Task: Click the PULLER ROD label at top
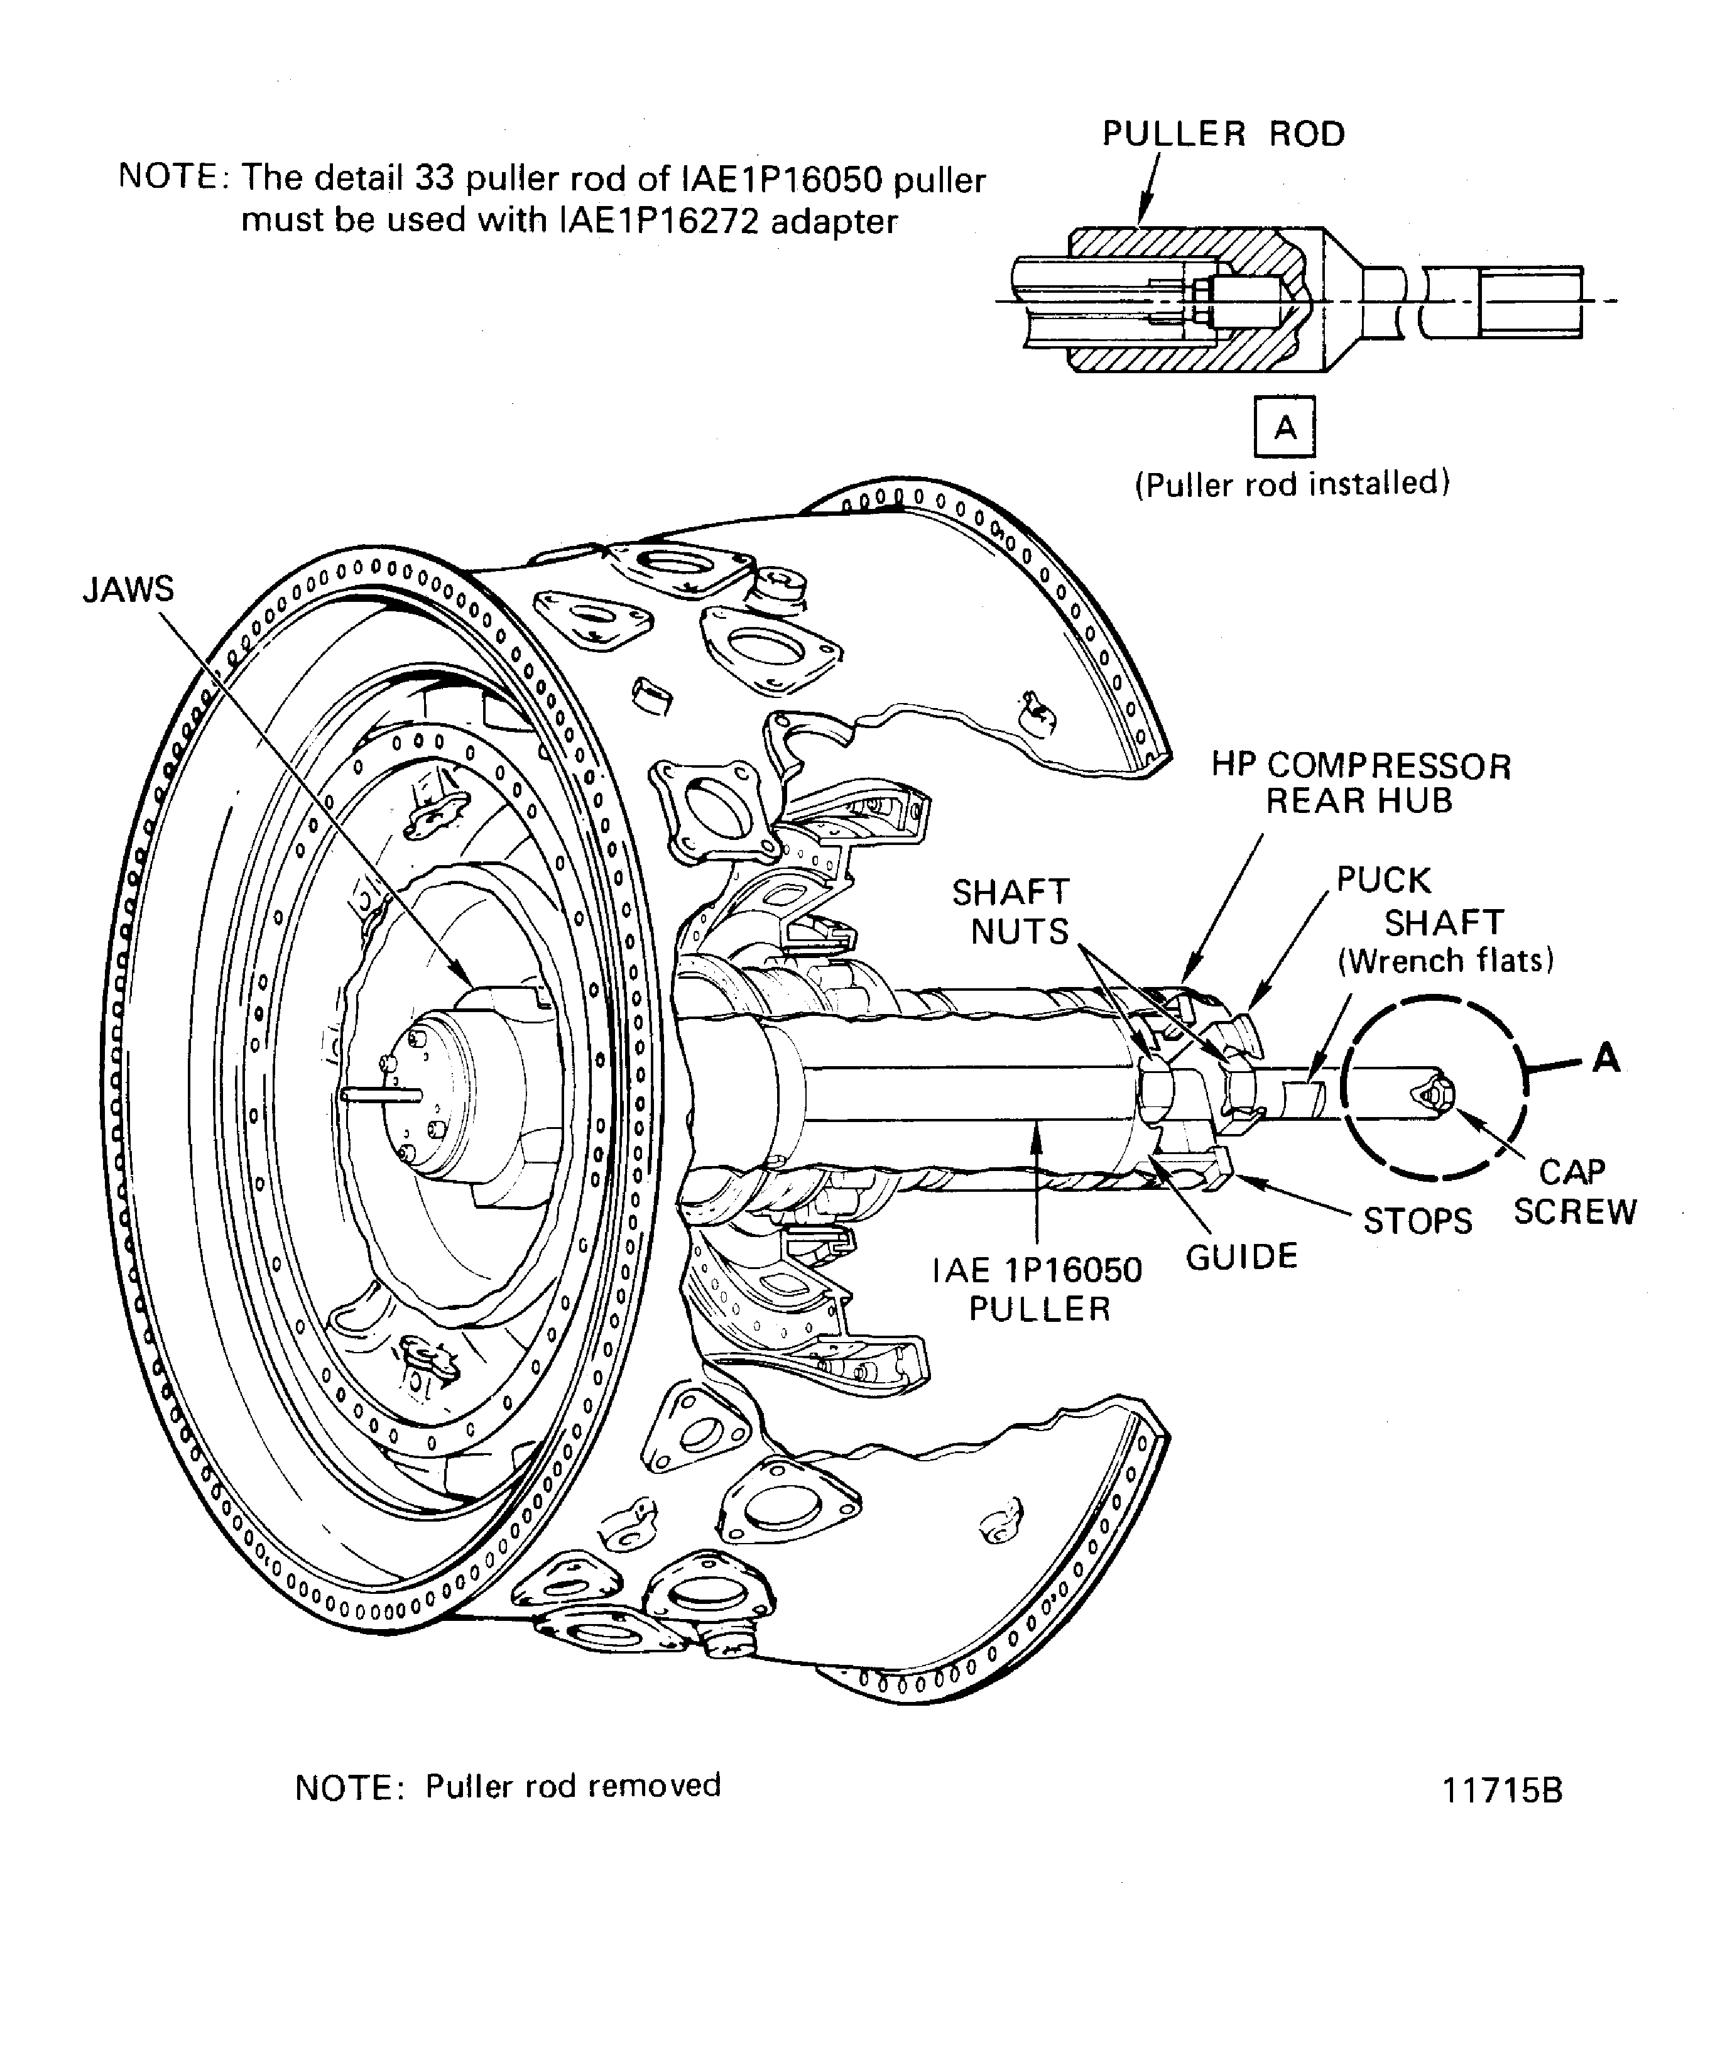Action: pos(1223,134)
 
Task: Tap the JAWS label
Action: pos(128,590)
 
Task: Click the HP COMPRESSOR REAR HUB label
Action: pos(1361,783)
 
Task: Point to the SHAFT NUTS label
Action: pos(1011,912)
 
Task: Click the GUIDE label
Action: pos(1241,1257)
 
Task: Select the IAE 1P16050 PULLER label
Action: pos(1038,1289)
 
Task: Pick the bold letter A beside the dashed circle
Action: pos(1606,1057)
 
